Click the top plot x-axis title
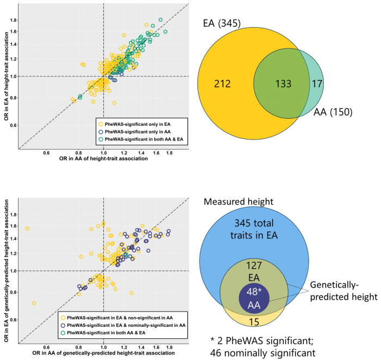[103, 158]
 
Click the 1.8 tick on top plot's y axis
[14, 20]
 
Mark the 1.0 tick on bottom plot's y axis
[13, 271]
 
